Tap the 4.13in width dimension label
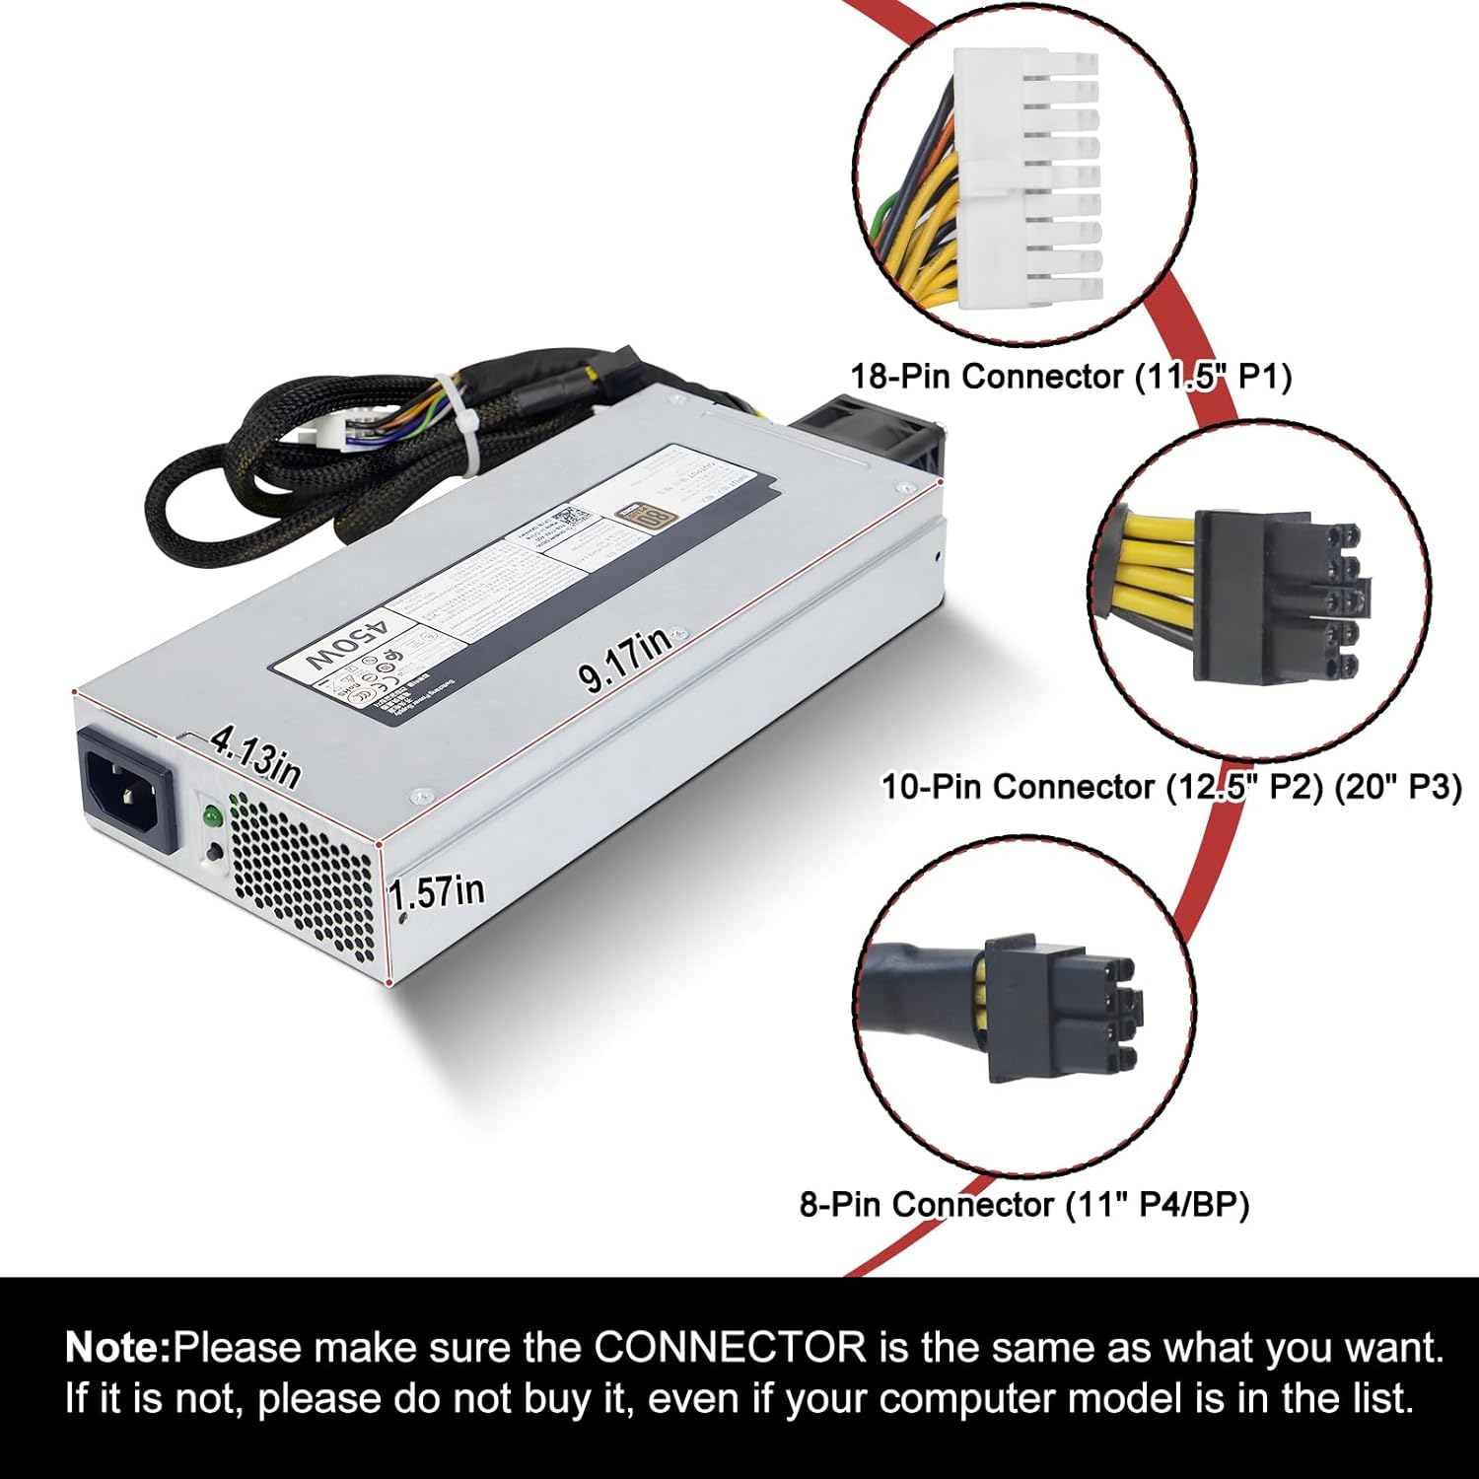(x=255, y=755)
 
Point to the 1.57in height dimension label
(x=436, y=892)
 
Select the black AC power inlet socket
(x=129, y=789)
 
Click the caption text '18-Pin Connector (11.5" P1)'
(x=1071, y=376)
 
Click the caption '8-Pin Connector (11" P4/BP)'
(x=1023, y=1204)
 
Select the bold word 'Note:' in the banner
(x=118, y=1347)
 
